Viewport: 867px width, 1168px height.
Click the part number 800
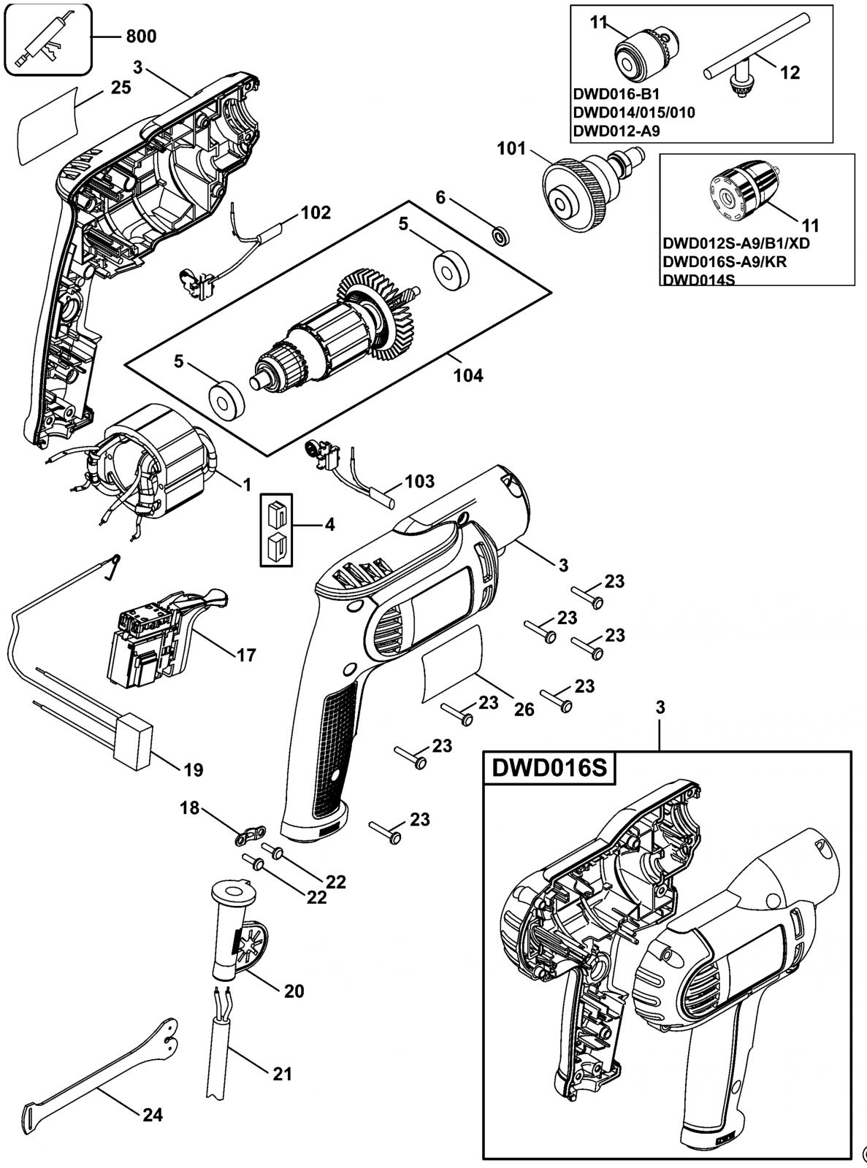141,36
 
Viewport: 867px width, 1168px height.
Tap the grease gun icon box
46,39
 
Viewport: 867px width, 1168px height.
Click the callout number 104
468,375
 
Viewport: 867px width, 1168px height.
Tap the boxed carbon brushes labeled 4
276,530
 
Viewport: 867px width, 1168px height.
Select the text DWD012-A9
616,131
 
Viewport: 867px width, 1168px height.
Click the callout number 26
524,710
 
